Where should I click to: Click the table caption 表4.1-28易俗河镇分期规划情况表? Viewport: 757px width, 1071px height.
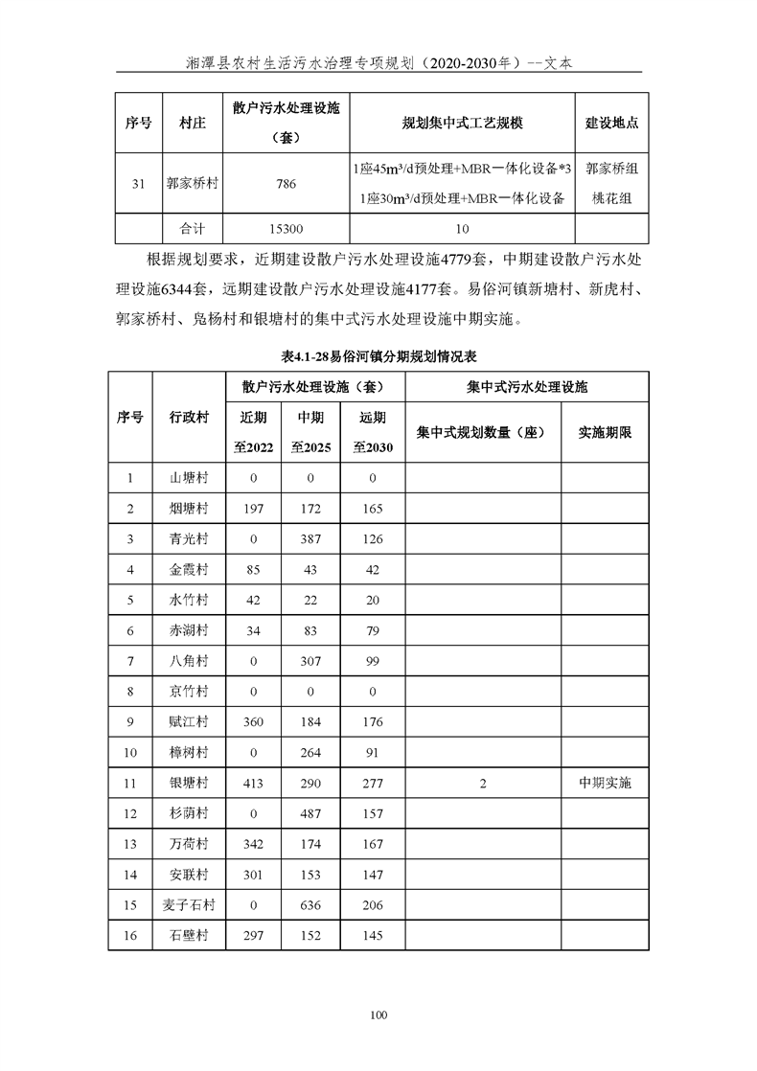(x=378, y=355)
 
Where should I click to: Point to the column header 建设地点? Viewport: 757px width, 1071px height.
(x=612, y=124)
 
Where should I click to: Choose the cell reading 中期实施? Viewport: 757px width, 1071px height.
(x=605, y=783)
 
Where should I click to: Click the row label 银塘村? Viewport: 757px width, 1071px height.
(x=189, y=783)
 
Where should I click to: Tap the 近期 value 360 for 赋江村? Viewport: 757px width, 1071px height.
(x=254, y=721)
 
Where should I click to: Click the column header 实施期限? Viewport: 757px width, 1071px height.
(x=605, y=432)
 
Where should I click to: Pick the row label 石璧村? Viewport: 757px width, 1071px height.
(x=189, y=936)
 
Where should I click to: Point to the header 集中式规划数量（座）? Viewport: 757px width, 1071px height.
(x=482, y=432)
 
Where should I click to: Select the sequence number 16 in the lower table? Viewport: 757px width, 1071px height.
(x=130, y=936)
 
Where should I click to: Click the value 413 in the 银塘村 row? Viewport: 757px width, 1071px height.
(x=254, y=783)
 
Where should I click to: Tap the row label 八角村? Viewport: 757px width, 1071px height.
(x=189, y=660)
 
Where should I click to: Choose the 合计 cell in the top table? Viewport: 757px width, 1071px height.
(x=193, y=230)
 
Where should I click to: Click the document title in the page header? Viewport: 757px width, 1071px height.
(x=378, y=62)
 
